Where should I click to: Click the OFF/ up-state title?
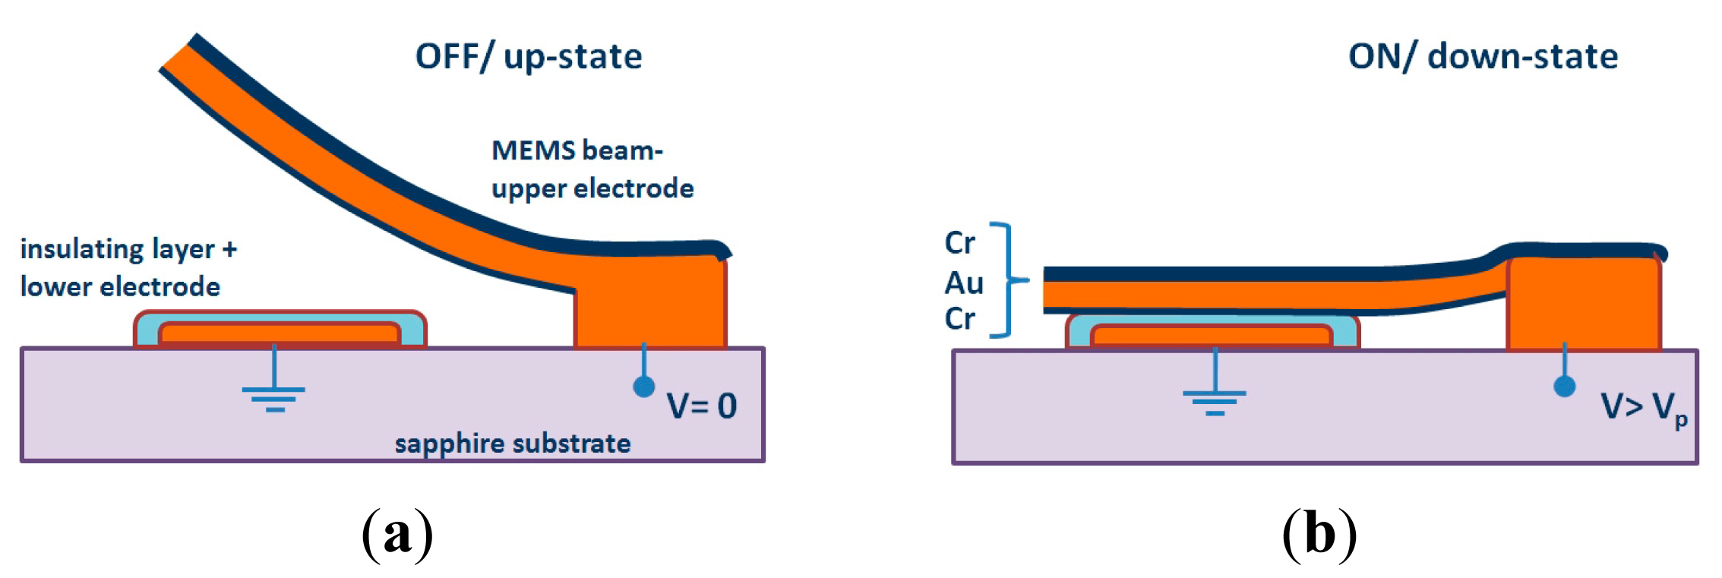529,57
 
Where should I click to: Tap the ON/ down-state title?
1483,57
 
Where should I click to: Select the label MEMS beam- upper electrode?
592,169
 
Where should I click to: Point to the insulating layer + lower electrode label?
128,267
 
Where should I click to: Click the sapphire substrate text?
513,444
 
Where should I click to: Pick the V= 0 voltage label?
701,406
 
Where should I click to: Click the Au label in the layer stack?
964,283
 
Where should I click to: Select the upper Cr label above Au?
959,243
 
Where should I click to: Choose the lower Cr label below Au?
959,319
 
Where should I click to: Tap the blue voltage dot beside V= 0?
644,387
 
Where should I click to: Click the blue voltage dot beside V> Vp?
1565,387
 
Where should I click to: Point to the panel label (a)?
397,534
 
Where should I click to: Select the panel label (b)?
1319,534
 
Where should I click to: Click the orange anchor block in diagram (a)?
650,304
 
